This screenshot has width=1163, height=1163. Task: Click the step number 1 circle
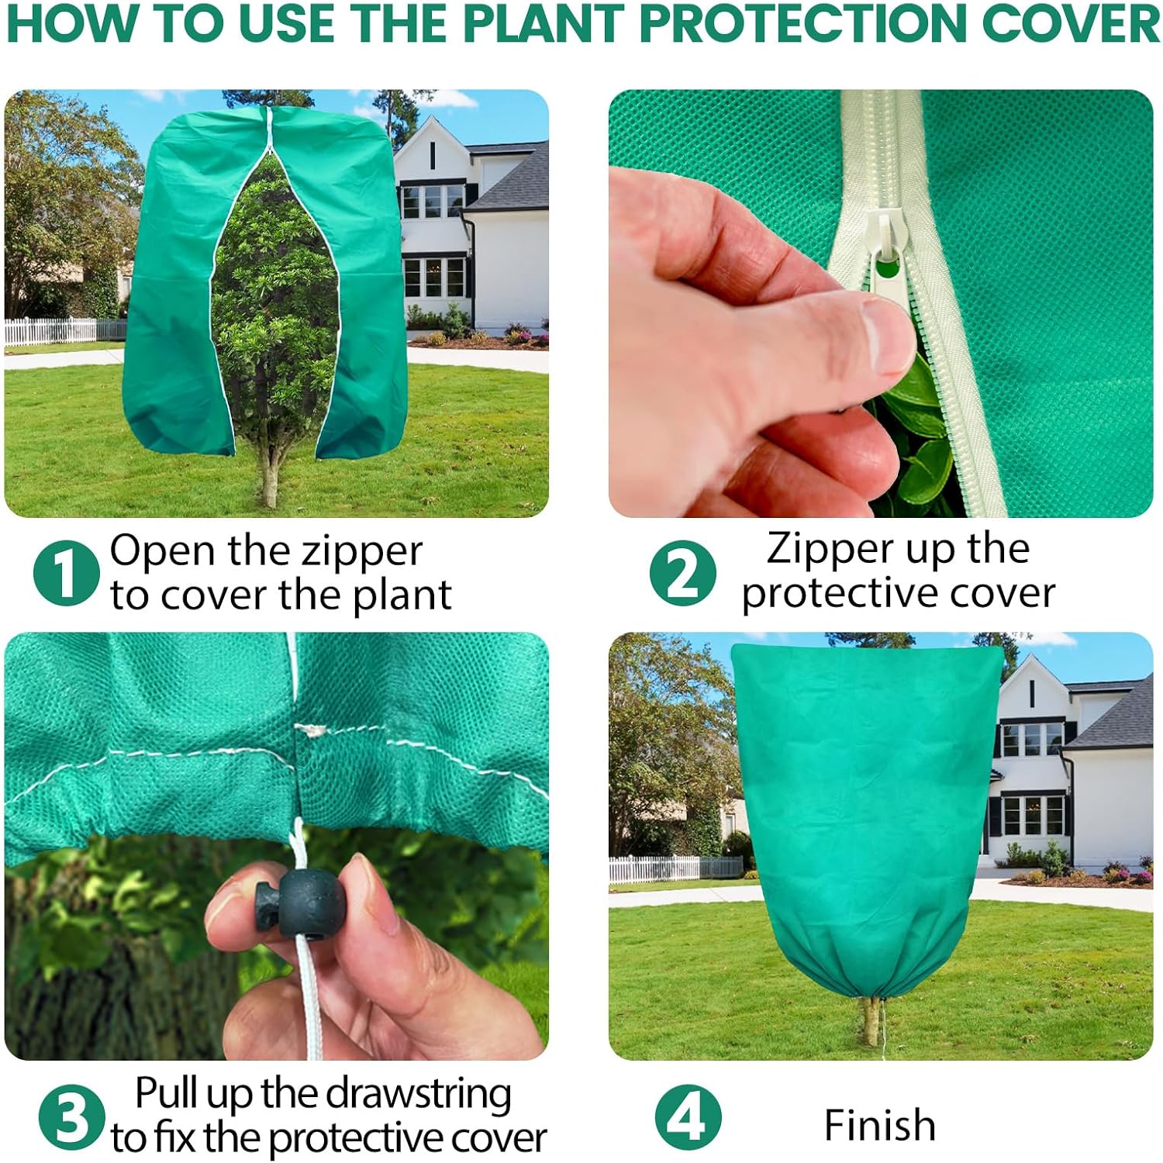click(x=67, y=573)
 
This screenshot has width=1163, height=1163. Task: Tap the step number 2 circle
click(x=683, y=573)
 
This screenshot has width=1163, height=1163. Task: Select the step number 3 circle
click(x=72, y=1117)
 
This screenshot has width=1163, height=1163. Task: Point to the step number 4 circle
click(x=688, y=1117)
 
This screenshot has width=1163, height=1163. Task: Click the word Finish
click(x=880, y=1125)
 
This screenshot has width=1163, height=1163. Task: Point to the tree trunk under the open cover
click(x=269, y=473)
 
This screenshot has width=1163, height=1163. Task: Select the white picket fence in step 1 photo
click(x=65, y=331)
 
